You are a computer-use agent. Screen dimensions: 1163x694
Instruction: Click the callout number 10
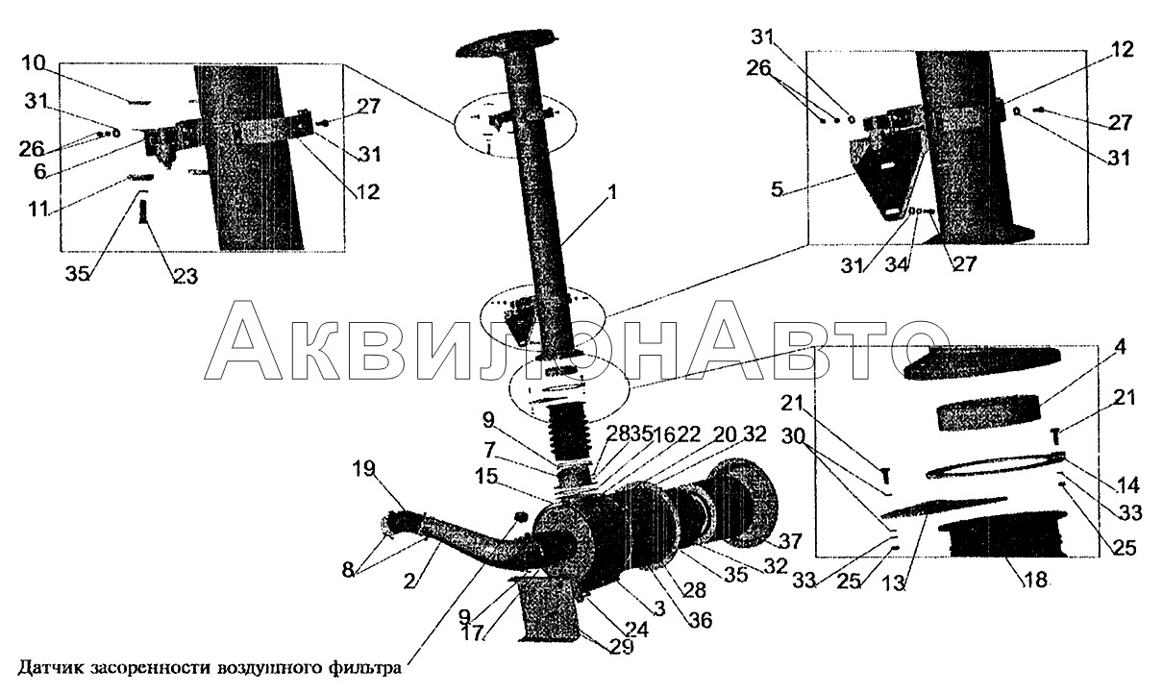[x=34, y=65]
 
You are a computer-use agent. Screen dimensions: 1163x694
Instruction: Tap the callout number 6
[x=40, y=170]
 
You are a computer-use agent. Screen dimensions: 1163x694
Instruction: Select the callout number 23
[x=186, y=276]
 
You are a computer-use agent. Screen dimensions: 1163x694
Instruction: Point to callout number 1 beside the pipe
[x=612, y=193]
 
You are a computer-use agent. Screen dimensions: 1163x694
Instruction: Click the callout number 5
[x=777, y=189]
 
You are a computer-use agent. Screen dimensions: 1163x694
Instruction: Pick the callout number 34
[x=897, y=264]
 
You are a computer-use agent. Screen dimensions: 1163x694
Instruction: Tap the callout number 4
[x=1121, y=347]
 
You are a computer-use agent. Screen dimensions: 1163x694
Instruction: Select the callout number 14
[x=1126, y=485]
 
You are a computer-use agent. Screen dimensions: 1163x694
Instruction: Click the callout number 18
[x=1035, y=580]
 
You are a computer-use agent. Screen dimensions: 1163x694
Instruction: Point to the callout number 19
[x=363, y=469]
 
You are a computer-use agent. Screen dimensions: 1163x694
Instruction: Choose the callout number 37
[x=790, y=541]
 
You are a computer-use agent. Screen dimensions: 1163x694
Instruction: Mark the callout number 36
[x=700, y=620]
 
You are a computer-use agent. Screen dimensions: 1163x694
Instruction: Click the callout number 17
[x=474, y=632]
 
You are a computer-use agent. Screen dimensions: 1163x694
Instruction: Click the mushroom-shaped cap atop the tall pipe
[x=507, y=44]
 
